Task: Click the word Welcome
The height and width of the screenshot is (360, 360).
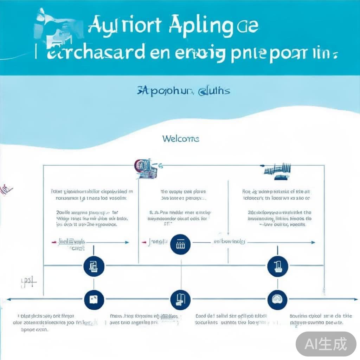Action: [x=181, y=139]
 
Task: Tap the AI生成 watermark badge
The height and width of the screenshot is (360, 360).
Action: [x=326, y=343]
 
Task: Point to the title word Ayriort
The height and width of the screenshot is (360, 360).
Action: [x=124, y=26]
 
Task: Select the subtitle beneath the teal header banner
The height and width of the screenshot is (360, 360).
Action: [x=183, y=91]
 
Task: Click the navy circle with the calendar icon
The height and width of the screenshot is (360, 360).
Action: [x=180, y=244]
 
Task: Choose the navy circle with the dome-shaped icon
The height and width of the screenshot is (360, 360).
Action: [x=277, y=300]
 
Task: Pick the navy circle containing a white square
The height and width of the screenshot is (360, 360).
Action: [x=94, y=300]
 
